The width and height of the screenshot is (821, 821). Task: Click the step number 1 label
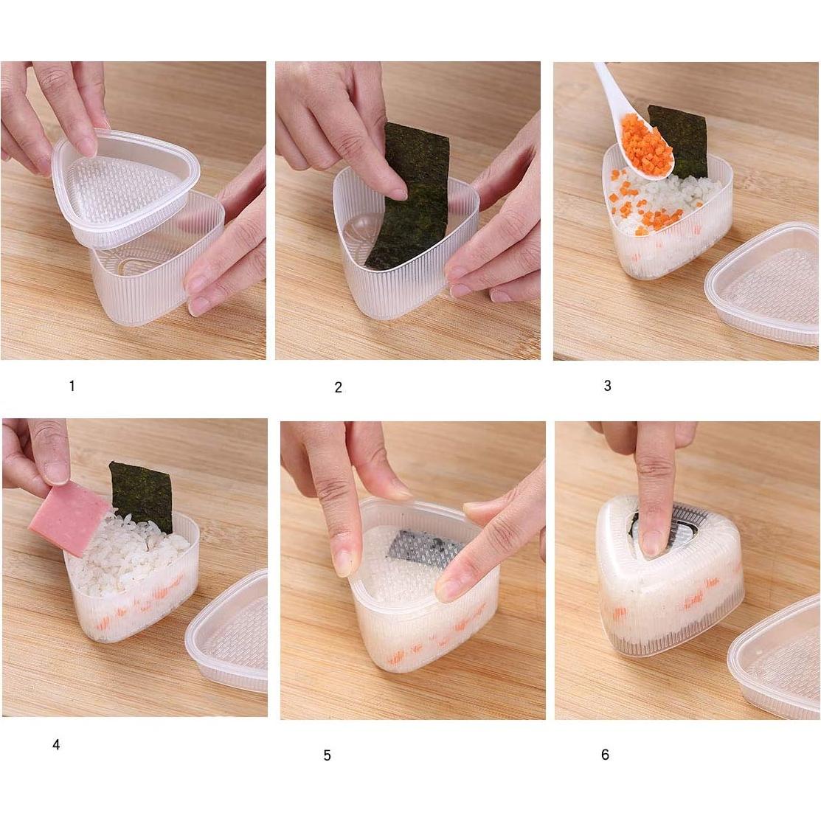(72, 386)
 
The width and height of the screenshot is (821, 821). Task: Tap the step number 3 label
(607, 386)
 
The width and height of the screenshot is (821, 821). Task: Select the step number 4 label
(56, 745)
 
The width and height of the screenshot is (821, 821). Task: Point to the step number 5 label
(327, 755)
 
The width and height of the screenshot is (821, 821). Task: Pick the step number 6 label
(605, 755)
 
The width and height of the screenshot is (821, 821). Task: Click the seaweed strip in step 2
(408, 199)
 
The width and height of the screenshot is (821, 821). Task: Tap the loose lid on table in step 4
(229, 634)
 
